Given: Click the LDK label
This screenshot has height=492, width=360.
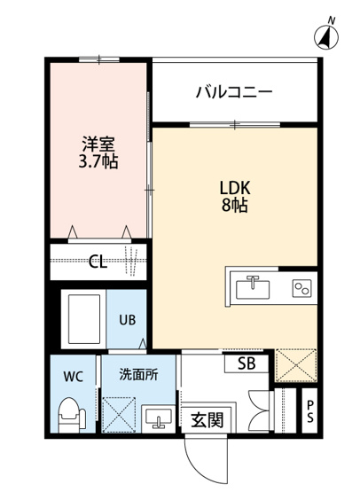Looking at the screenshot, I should pos(235,188).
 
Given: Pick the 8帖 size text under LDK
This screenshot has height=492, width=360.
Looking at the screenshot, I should pos(235,207).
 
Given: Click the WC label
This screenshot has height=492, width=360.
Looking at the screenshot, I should pos(73,377).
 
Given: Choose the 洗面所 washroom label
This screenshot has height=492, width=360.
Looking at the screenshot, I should pos(139,374).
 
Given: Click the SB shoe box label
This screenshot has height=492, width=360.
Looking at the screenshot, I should pos(247,363).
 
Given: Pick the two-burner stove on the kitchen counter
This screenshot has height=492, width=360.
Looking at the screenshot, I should pos(301,287).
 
